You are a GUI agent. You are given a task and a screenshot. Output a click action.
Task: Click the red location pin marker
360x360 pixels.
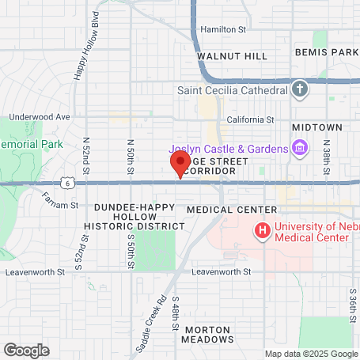point(180,165)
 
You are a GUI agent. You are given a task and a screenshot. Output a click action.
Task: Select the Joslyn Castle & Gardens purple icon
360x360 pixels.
point(300,147)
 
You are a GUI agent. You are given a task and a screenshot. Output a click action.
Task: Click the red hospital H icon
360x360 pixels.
point(260,230)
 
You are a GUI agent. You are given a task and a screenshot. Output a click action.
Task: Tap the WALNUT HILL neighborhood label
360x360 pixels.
point(233,57)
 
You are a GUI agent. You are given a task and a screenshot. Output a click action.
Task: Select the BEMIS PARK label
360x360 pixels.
point(327,51)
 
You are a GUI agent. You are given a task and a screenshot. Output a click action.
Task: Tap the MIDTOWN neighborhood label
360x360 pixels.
point(316,127)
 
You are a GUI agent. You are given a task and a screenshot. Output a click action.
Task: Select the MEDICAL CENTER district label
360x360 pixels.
point(232,210)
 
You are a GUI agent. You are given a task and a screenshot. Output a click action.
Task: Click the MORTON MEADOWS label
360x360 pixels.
point(208,334)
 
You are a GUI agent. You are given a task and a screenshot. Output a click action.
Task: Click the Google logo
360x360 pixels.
point(26,349)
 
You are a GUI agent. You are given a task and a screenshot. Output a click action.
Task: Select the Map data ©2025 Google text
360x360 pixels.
point(311,354)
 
